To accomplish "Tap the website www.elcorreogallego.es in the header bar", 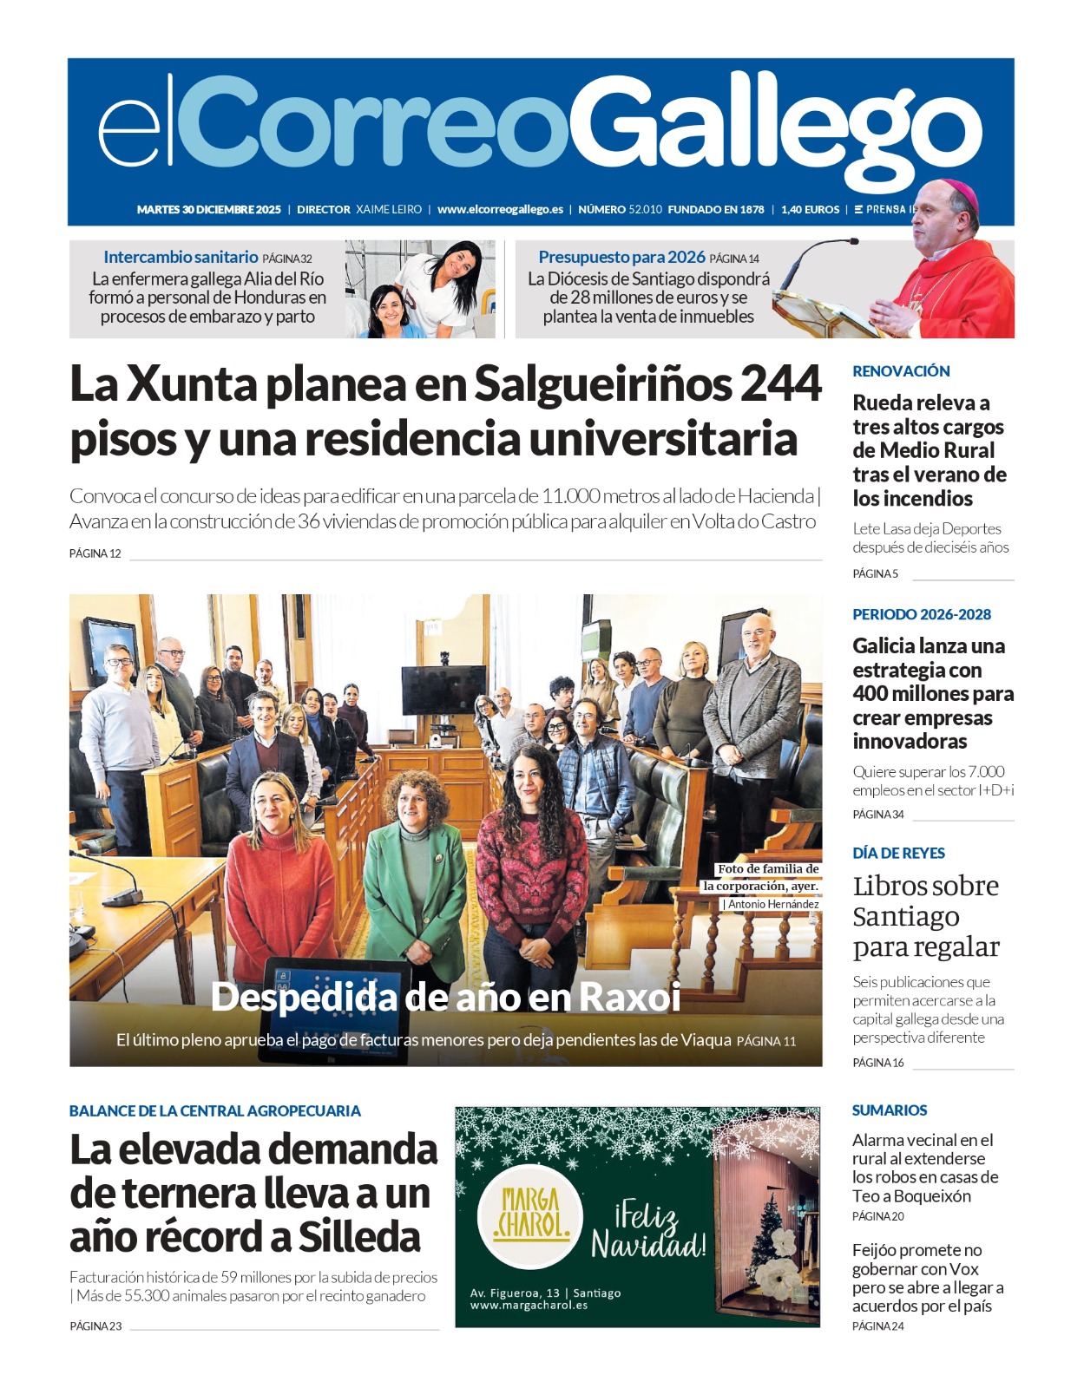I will point(500,209).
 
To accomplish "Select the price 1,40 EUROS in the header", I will point(810,209).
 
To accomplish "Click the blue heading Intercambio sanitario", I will point(181,257).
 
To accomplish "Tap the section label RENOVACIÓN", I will point(901,371).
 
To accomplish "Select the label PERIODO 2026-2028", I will point(921,614).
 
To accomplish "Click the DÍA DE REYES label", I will point(898,853).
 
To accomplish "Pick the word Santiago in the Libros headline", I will point(905,917).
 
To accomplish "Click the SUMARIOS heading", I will point(890,1110).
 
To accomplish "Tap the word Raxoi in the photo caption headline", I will point(629,997).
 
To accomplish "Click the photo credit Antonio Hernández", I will point(772,904).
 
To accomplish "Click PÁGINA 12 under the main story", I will point(95,553).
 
